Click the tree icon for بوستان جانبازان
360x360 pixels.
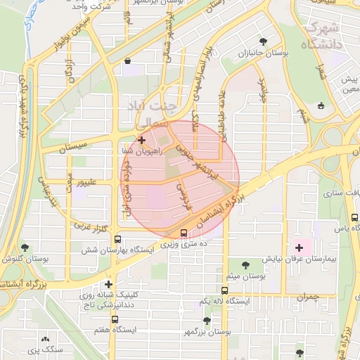pyautogui.click(x=263, y=41)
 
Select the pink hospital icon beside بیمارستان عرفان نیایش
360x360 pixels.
pyautogui.click(x=300, y=247)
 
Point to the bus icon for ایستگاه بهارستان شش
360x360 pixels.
pyautogui.click(x=117, y=238)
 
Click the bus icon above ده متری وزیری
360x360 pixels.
pyautogui.click(x=184, y=233)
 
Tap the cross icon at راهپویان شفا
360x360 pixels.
pyautogui.click(x=142, y=140)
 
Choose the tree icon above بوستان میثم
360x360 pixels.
pyautogui.click(x=245, y=265)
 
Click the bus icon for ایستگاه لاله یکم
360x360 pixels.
pyautogui.click(x=225, y=290)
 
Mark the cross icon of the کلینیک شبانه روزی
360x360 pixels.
pyautogui.click(x=108, y=284)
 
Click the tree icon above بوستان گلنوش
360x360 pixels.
pyautogui.click(x=25, y=247)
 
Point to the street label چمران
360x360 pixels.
pyautogui.click(x=307, y=297)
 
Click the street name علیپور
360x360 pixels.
pyautogui.click(x=91, y=183)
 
